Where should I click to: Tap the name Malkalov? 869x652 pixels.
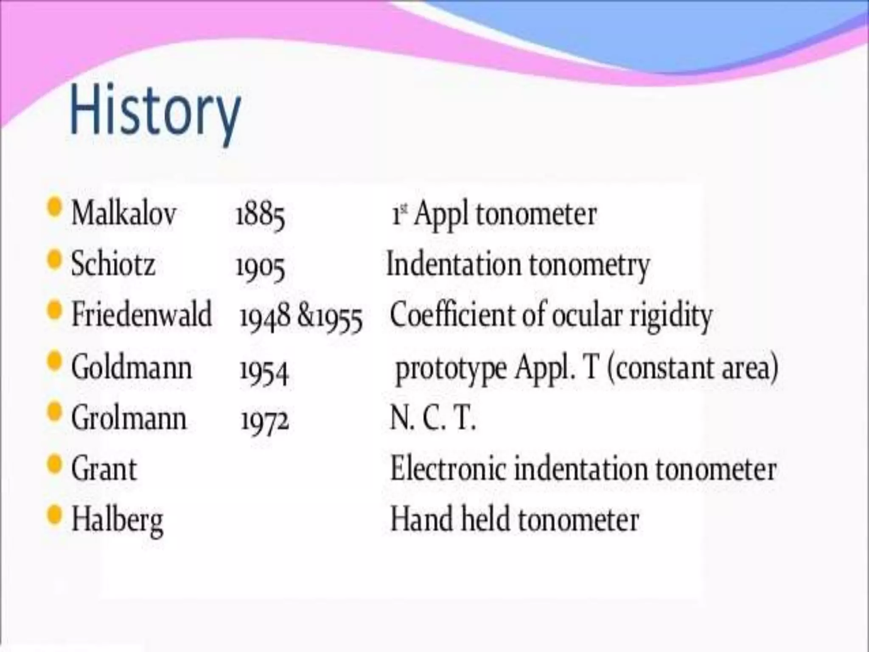click(123, 213)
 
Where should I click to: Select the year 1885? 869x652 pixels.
click(260, 215)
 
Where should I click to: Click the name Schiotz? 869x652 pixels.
click(113, 264)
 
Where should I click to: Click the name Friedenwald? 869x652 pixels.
click(141, 315)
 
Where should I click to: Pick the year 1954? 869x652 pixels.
click(264, 370)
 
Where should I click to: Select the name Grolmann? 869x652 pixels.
click(129, 418)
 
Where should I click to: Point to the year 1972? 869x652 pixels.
click(265, 420)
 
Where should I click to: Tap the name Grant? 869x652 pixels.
click(104, 469)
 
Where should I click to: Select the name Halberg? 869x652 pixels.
click(117, 520)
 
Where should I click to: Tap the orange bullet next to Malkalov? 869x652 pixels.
click(54, 208)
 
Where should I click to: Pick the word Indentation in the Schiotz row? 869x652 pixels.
click(453, 264)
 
